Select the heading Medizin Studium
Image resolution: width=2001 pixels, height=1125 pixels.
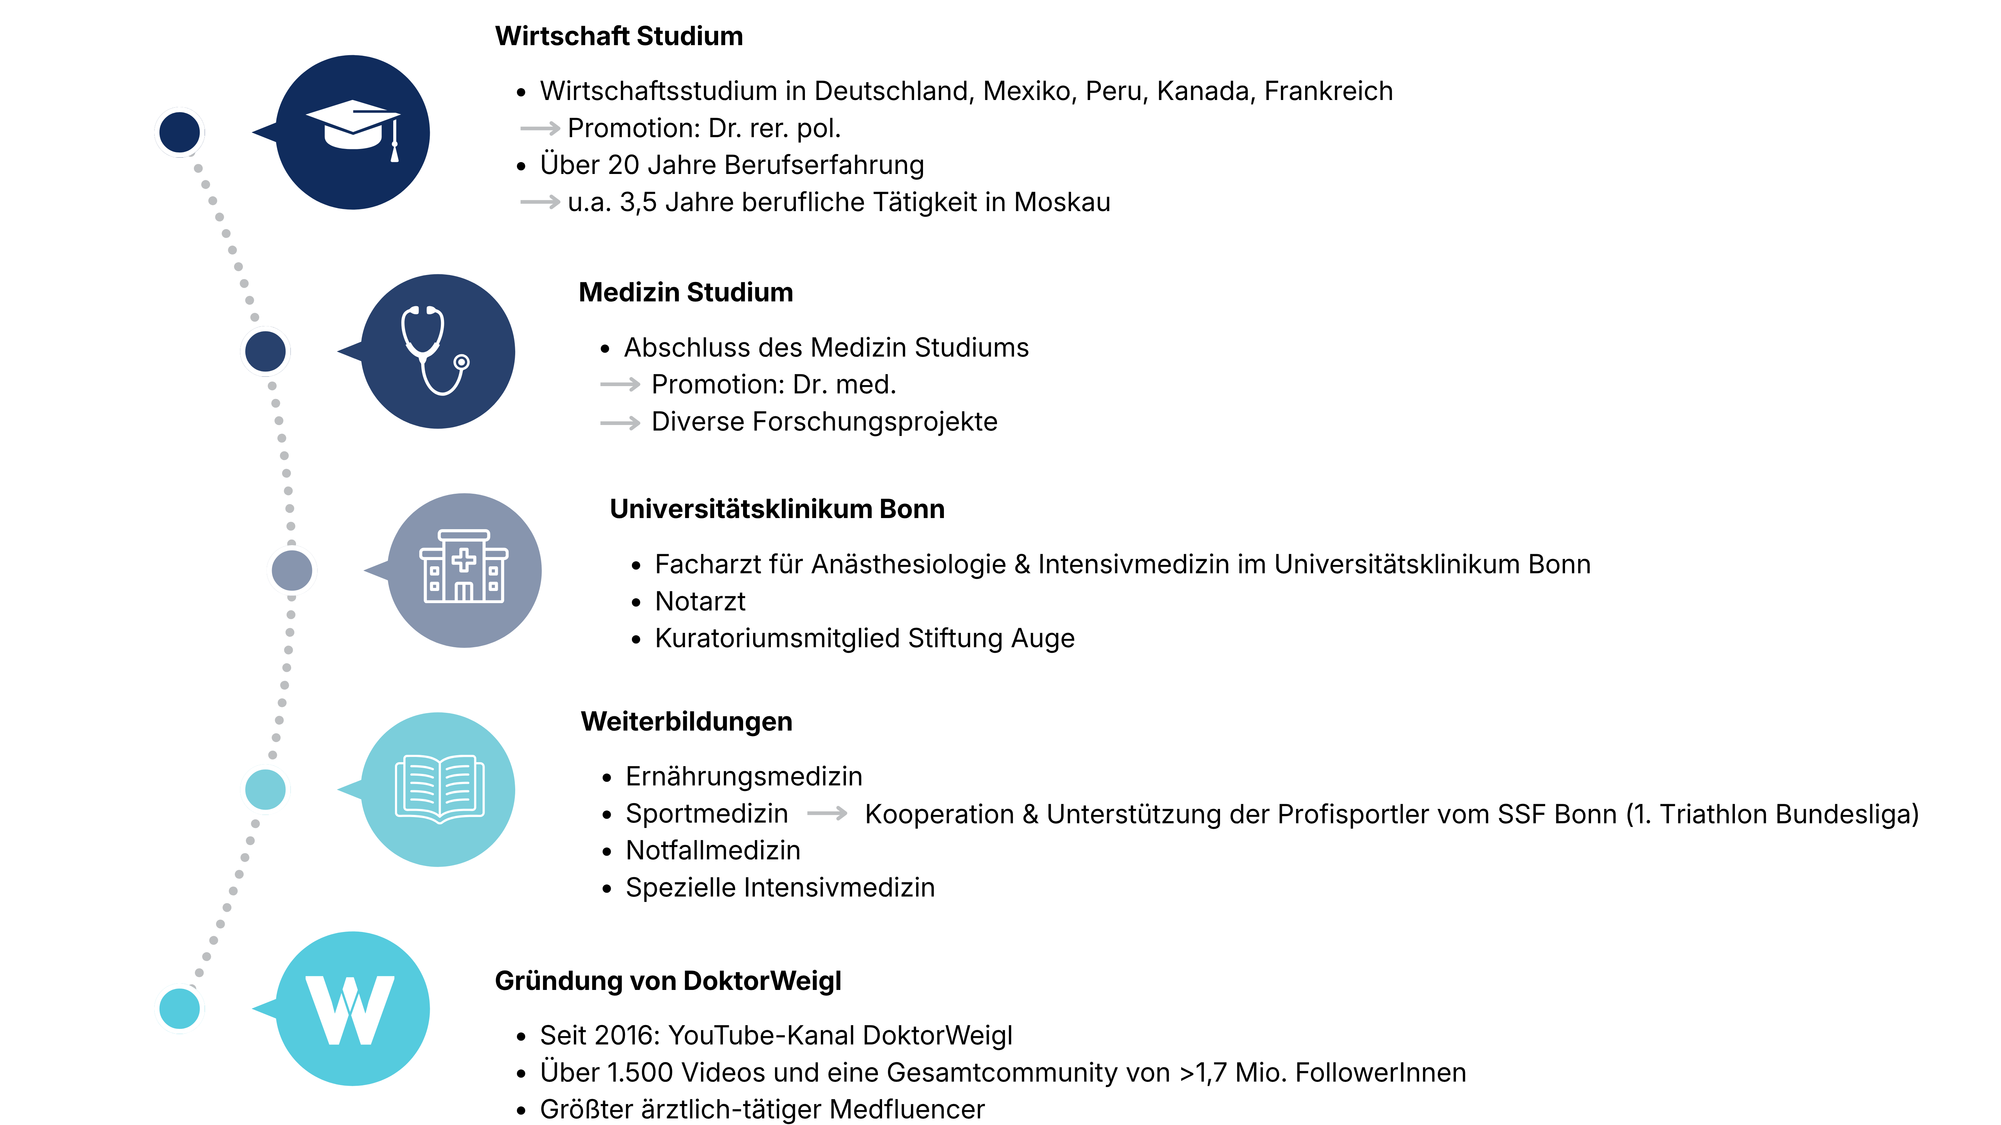686,293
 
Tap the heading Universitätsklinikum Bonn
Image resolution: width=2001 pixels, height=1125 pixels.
777,509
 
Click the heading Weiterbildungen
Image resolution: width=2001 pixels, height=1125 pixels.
687,722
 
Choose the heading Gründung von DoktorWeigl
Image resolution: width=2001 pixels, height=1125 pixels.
668,981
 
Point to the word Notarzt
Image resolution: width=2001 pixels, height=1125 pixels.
700,602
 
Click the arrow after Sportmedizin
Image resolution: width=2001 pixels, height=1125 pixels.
827,814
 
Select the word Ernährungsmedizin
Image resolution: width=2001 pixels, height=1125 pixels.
744,777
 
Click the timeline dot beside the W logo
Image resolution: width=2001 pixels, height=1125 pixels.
180,1009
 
